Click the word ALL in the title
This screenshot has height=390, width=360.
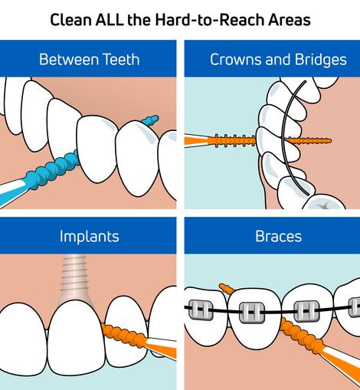coord(109,20)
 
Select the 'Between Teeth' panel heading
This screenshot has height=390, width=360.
coord(90,60)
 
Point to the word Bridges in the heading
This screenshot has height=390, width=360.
coord(321,61)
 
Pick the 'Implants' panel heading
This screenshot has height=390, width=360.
coord(90,237)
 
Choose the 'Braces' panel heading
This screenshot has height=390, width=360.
coord(278,236)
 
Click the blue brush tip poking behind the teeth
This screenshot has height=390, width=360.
coord(150,120)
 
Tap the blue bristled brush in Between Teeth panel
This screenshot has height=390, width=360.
coord(52,170)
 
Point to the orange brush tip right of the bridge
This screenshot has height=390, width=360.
coord(308,140)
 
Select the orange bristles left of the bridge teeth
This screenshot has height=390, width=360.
coord(232,141)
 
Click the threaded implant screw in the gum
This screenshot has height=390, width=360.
coord(74,278)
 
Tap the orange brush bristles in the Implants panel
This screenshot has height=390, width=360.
coord(123,335)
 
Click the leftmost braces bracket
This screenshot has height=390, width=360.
coord(201,310)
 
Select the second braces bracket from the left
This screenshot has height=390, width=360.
coord(251,313)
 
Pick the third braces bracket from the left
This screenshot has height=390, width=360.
coord(307,311)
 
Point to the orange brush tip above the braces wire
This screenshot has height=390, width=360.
coord(227,289)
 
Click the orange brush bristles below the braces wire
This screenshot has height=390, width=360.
coord(301,333)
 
